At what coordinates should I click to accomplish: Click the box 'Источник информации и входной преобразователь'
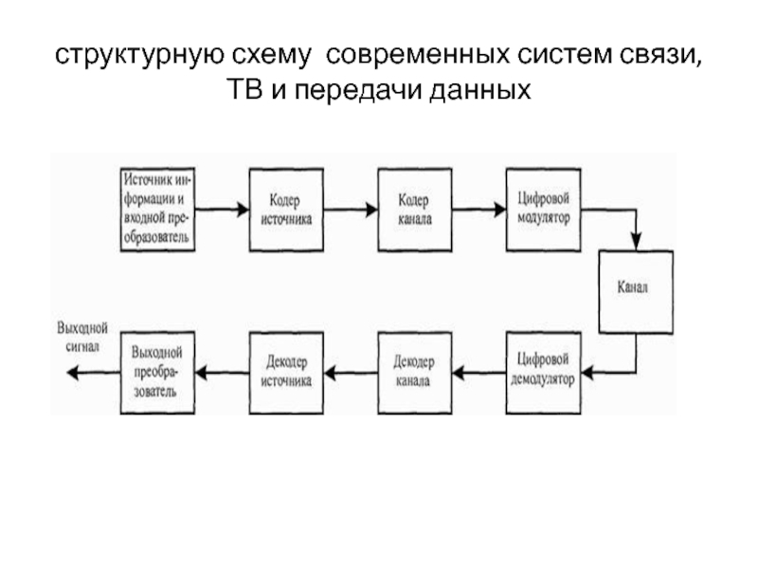pos(158,209)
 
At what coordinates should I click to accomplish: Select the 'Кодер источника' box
pos(286,209)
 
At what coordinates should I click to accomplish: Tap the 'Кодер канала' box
pos(415,209)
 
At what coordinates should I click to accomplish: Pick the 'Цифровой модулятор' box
pos(543,209)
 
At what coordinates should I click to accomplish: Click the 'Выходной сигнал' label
pos(82,339)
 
